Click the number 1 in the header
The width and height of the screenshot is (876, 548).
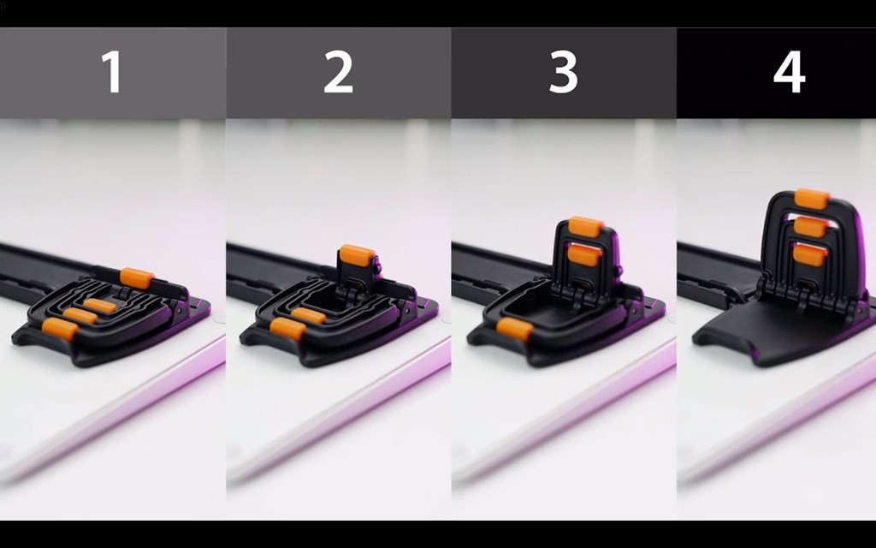pos(113,72)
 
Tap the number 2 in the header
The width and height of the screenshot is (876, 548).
pos(339,72)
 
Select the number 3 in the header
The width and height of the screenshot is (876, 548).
pos(563,72)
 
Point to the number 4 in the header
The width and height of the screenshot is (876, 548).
pos(790,72)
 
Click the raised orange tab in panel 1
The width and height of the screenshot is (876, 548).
pos(137,278)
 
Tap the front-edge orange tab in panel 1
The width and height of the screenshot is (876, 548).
pos(60,329)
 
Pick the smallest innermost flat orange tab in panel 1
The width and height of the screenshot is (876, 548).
pos(101,306)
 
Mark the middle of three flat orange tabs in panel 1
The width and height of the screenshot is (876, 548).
pos(80,315)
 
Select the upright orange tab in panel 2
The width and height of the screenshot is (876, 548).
pos(357,255)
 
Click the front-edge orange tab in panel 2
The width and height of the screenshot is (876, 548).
pos(287,329)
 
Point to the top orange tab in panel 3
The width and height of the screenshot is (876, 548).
pos(585,226)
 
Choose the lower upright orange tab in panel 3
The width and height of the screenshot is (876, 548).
pos(584,255)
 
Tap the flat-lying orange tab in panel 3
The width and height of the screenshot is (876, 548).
pos(514,329)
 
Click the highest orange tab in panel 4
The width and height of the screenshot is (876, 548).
pos(813,199)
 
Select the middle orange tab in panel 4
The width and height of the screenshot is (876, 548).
pos(810,226)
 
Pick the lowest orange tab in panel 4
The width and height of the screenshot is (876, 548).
pos(809,254)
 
